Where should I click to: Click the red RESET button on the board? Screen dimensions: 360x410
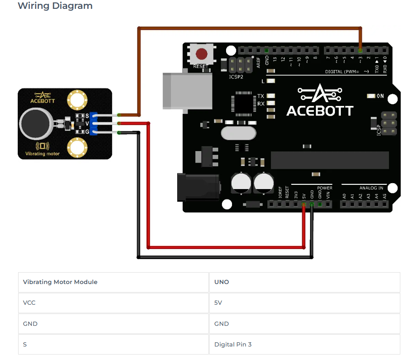[x=202, y=54]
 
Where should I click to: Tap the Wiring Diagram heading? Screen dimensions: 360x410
[x=55, y=6]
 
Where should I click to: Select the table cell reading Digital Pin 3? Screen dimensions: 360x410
[x=233, y=344]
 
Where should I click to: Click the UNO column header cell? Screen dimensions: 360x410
[x=221, y=282]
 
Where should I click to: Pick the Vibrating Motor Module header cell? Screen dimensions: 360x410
[x=60, y=282]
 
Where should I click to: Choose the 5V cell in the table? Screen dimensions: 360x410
[x=218, y=303]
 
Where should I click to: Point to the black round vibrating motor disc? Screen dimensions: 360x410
[x=35, y=122]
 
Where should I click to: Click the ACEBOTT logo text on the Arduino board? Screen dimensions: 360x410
[x=320, y=110]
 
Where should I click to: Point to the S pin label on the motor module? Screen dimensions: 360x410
[x=87, y=115]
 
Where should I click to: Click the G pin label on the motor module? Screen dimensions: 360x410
[x=87, y=132]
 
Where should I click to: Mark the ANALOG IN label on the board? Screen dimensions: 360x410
[x=371, y=188]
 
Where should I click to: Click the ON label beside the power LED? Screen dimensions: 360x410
[x=380, y=96]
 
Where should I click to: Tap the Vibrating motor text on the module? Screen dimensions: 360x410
[x=42, y=154]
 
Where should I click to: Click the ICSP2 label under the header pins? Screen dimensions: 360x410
[x=236, y=77]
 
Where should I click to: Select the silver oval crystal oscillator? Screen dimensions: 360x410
[x=238, y=133]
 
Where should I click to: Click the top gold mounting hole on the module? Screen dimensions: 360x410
[x=77, y=100]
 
